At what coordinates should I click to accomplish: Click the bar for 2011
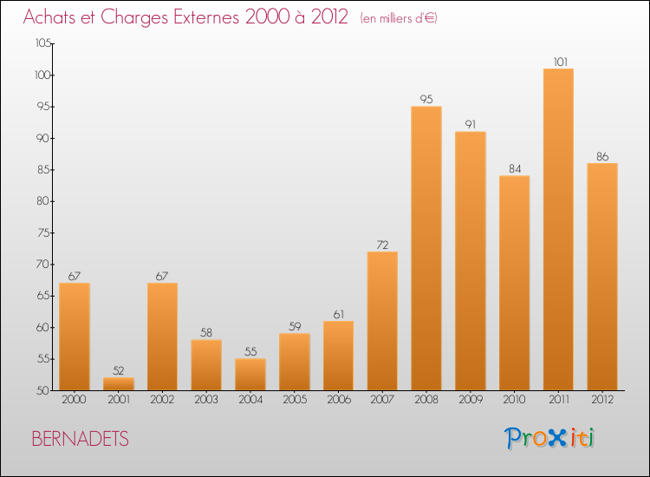tap(558, 229)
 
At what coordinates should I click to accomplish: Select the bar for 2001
tap(119, 383)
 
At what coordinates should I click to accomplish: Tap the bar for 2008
tap(426, 248)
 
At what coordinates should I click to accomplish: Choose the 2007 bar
tap(382, 321)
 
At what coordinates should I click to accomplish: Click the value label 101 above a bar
tap(558, 62)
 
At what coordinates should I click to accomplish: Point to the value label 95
tap(426, 99)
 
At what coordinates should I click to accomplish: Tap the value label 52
tap(119, 370)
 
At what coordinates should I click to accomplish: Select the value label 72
tap(382, 245)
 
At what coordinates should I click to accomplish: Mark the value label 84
tap(514, 168)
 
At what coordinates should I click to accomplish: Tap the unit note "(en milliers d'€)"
tap(399, 18)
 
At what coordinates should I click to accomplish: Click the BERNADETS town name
tap(80, 439)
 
